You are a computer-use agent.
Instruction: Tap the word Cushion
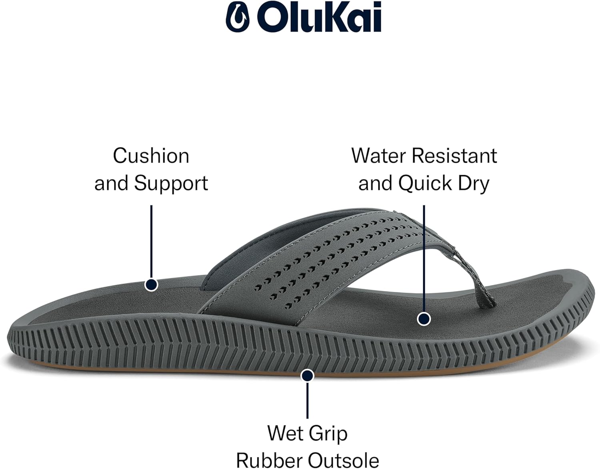click(x=151, y=156)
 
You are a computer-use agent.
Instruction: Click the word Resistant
click(x=454, y=156)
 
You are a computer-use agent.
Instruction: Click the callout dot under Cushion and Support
click(x=151, y=284)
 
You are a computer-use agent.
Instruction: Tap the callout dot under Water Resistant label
click(x=424, y=319)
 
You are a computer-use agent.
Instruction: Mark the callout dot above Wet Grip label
click(x=307, y=375)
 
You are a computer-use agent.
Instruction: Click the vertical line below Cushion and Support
click(x=151, y=241)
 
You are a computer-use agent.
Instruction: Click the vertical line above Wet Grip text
click(x=307, y=400)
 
